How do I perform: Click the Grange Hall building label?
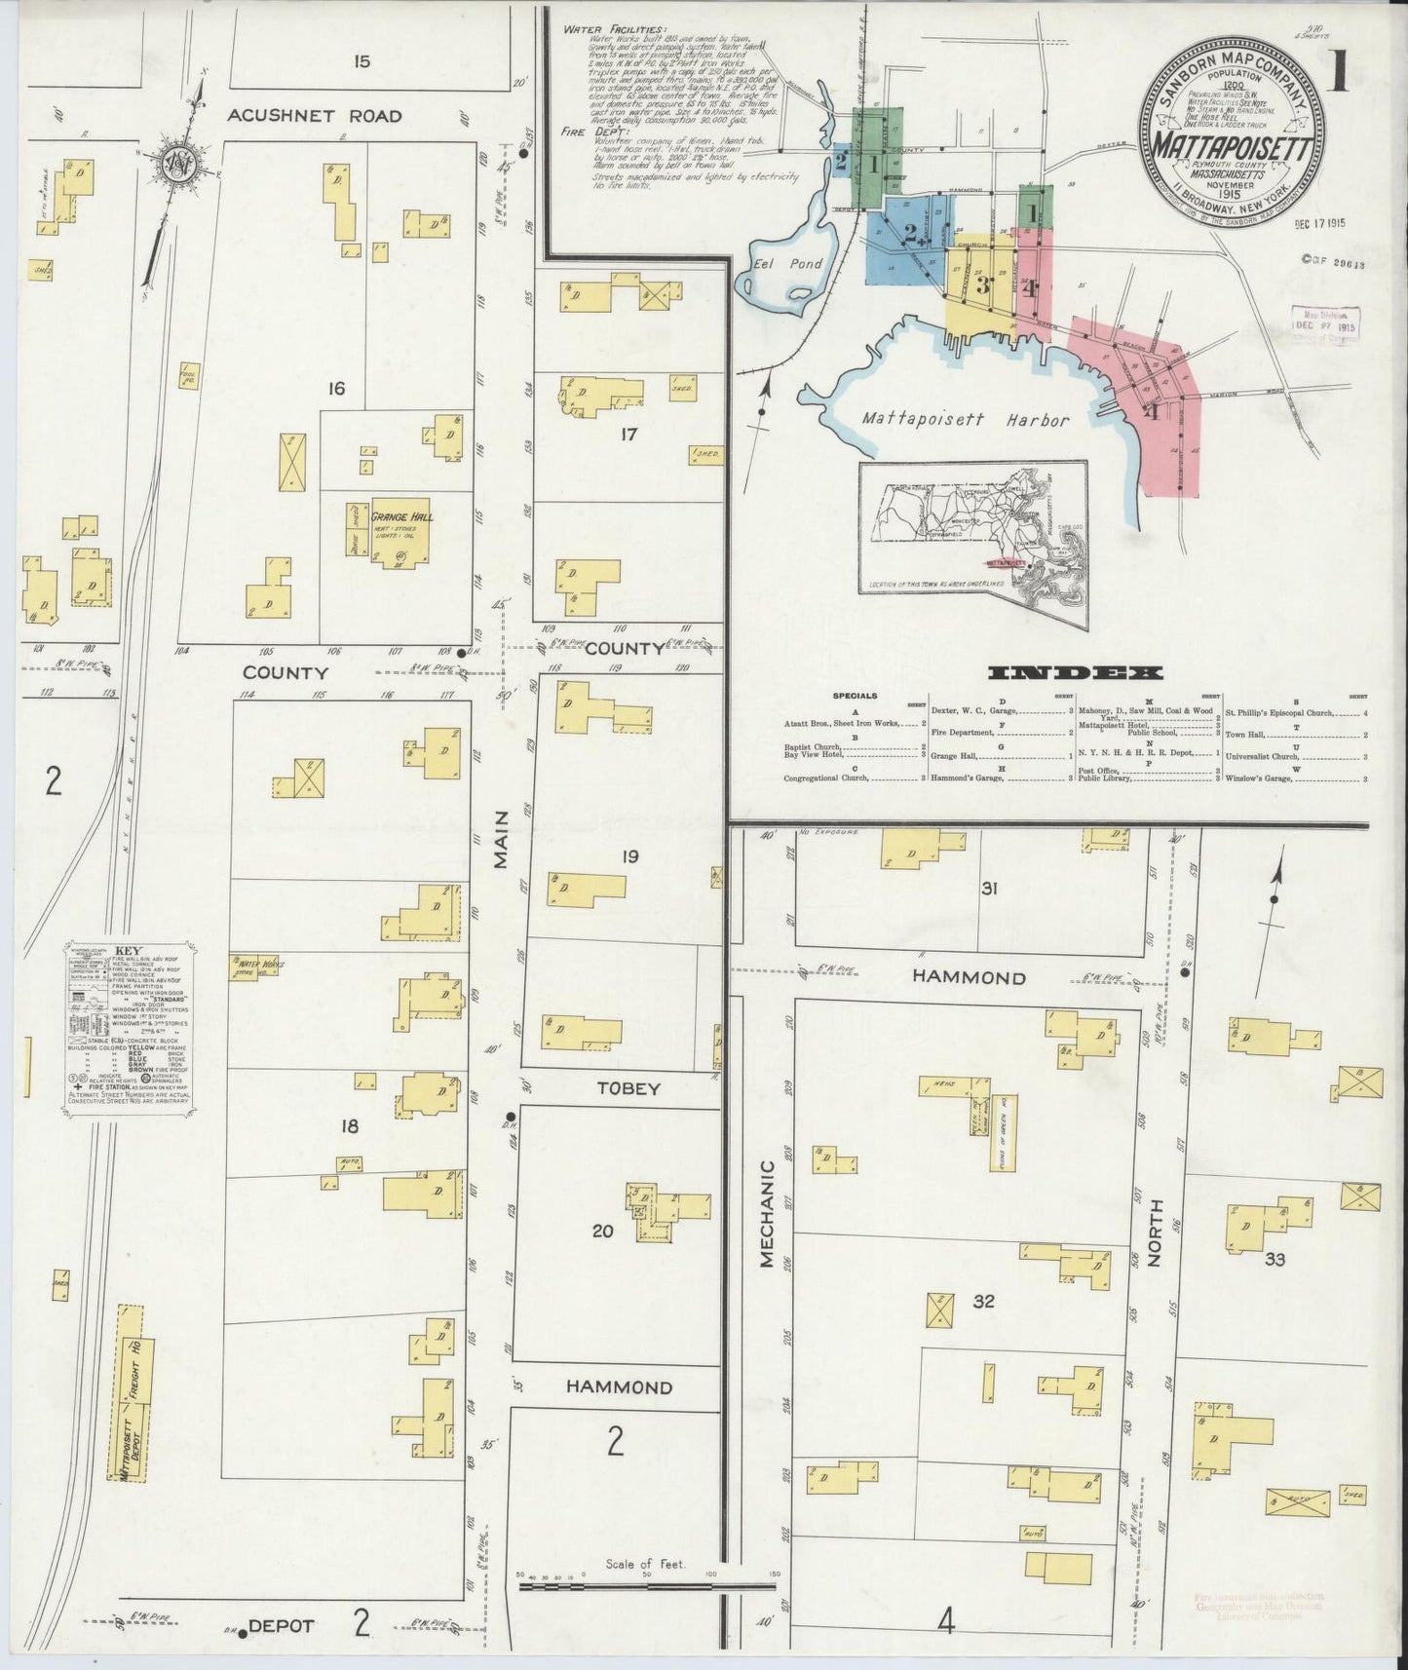coord(401,516)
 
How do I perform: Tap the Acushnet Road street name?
coord(314,116)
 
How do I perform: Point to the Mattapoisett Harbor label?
coord(965,420)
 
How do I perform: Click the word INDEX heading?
coord(1075,673)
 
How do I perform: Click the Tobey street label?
coord(628,1088)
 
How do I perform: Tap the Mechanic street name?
coord(767,1213)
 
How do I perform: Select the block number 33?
coord(1275,1259)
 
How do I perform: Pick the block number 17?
coord(628,434)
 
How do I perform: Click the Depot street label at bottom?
coord(281,1626)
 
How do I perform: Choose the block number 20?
coord(603,1231)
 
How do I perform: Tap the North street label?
coord(1157,1239)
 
